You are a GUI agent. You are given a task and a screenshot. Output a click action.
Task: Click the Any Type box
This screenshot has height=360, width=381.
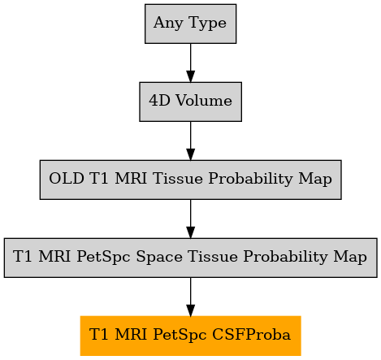(190, 24)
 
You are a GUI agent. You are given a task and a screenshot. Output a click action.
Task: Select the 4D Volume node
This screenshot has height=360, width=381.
(190, 102)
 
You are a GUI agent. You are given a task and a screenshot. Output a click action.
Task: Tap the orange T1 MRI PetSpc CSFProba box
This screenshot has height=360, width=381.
(190, 336)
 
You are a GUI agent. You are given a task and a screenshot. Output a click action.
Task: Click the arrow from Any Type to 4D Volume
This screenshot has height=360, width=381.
(190, 63)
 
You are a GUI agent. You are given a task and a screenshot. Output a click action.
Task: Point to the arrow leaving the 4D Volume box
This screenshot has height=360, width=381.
(190, 141)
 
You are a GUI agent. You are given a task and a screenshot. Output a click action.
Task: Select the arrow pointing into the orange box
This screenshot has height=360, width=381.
(190, 297)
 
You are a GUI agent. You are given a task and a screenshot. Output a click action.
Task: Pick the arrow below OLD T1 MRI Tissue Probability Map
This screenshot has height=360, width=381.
(190, 219)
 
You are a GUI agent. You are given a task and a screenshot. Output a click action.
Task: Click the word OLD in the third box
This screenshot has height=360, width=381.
(67, 179)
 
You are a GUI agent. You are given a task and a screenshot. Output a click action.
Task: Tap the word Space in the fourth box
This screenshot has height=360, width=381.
(159, 257)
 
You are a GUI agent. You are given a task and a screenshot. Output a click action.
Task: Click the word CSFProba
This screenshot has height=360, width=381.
(251, 335)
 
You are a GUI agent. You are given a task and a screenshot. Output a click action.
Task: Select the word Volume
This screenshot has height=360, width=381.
(204, 101)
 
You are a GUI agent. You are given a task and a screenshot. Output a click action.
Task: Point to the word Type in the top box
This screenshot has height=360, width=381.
(208, 23)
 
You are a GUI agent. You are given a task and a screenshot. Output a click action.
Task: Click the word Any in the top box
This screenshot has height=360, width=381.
(168, 23)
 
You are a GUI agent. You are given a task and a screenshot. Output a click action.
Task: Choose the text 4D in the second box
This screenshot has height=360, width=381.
(159, 101)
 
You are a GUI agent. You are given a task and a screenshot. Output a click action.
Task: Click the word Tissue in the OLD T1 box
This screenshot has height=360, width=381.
(178, 179)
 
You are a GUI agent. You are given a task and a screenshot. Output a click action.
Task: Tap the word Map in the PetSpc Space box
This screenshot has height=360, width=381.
(350, 257)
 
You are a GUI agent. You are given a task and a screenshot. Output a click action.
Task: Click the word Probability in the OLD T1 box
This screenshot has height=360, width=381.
(250, 180)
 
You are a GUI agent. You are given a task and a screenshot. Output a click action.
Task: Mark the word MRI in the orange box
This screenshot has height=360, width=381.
(131, 335)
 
